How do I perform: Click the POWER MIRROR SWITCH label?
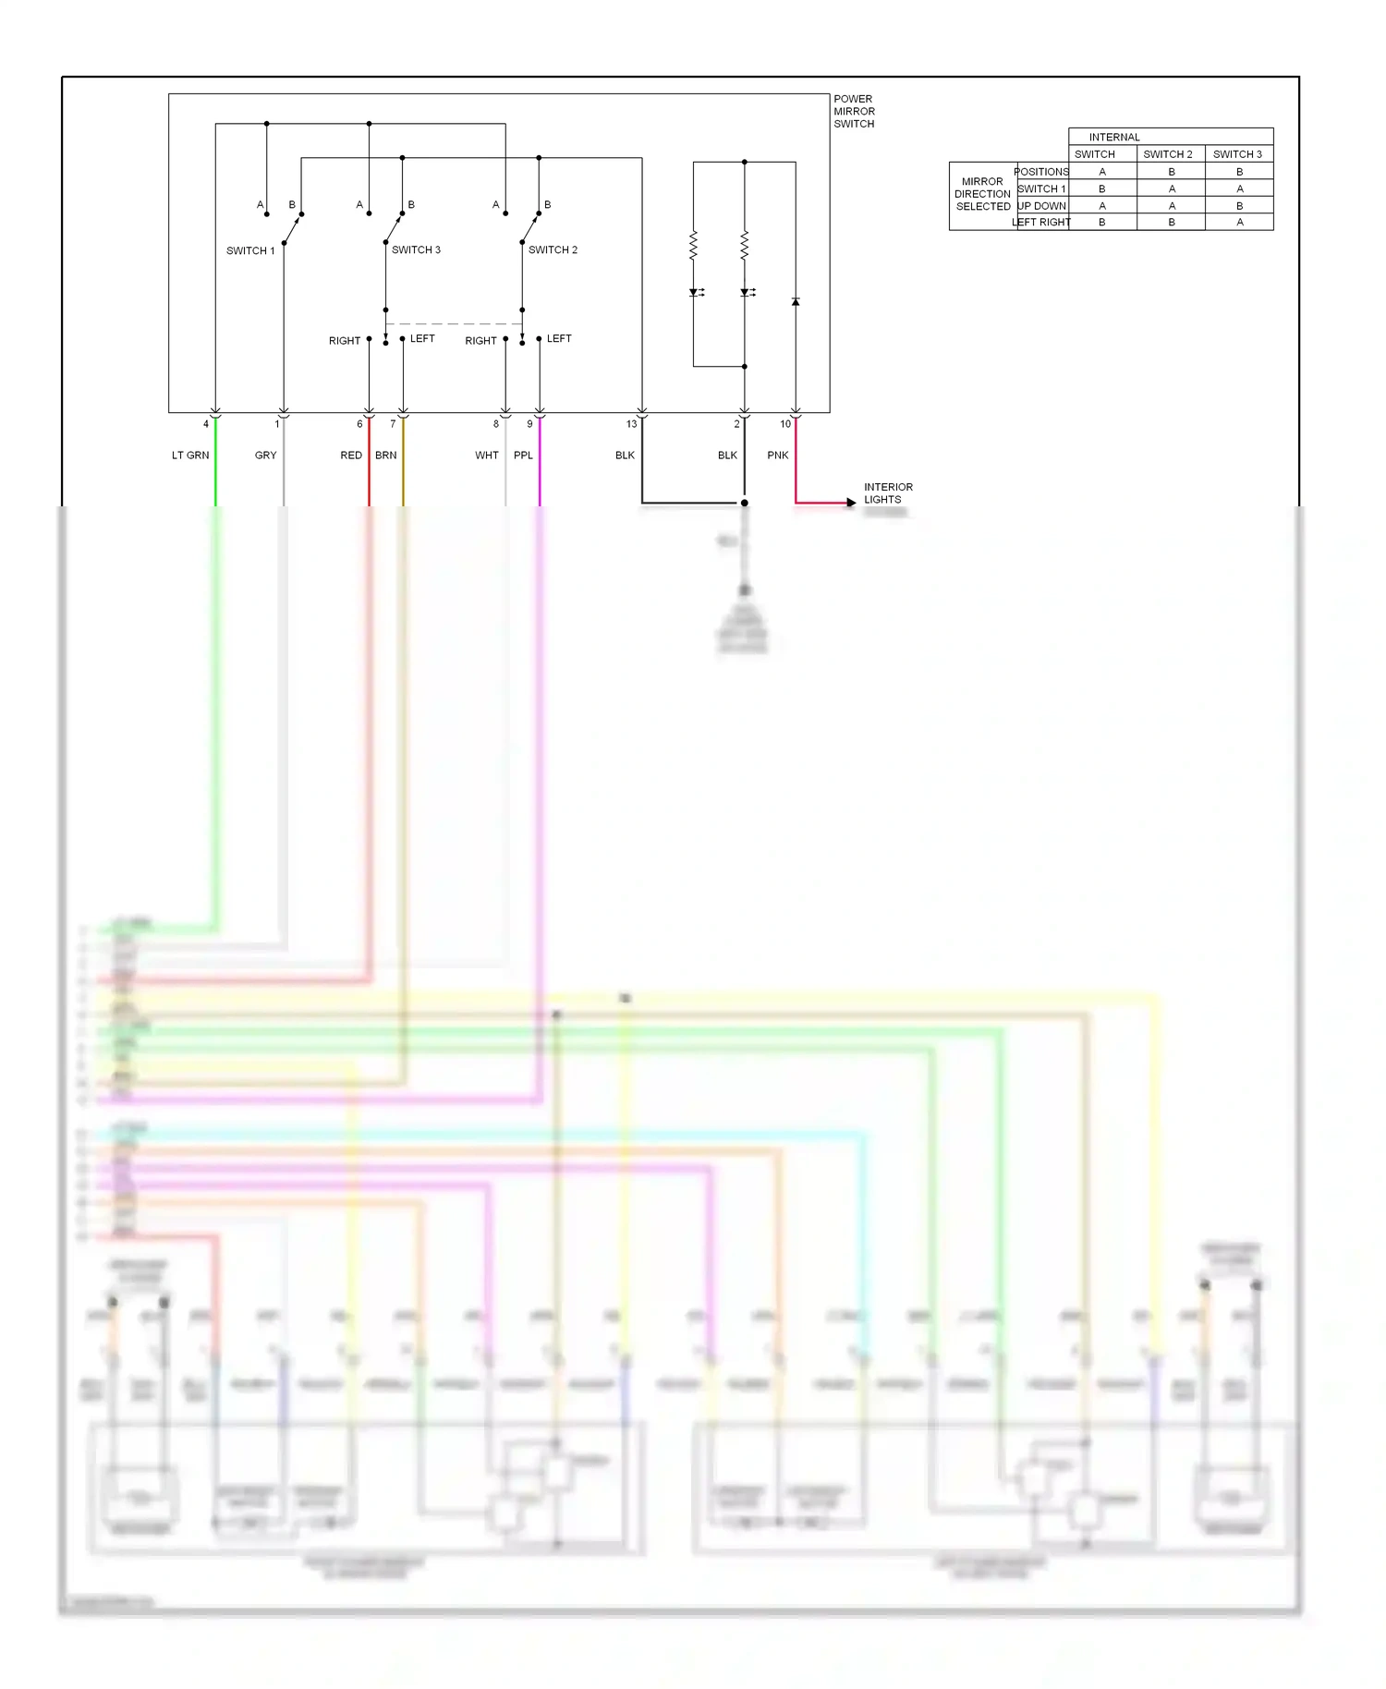pyautogui.click(x=854, y=111)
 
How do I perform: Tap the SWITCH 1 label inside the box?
pyautogui.click(x=250, y=250)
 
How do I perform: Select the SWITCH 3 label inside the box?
pyautogui.click(x=416, y=249)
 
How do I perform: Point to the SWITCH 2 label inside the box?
pyautogui.click(x=553, y=249)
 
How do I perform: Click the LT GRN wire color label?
pyautogui.click(x=190, y=455)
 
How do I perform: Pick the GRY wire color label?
pyautogui.click(x=265, y=455)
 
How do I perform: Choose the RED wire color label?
pyautogui.click(x=351, y=455)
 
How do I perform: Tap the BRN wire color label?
pyautogui.click(x=385, y=455)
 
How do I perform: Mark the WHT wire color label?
pyautogui.click(x=487, y=455)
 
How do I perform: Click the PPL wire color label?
pyautogui.click(x=523, y=455)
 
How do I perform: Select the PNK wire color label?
pyautogui.click(x=778, y=455)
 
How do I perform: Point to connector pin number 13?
pyautogui.click(x=631, y=424)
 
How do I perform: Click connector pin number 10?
pyautogui.click(x=785, y=424)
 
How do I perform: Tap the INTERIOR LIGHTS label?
pyautogui.click(x=887, y=492)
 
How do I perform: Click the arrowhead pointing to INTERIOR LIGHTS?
pyautogui.click(x=851, y=503)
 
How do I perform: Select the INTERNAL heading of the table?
pyautogui.click(x=1114, y=137)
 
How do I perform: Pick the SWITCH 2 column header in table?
pyautogui.click(x=1168, y=154)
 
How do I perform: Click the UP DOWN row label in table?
pyautogui.click(x=1042, y=205)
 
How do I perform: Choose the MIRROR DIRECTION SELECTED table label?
pyautogui.click(x=982, y=194)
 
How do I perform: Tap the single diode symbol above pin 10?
pyautogui.click(x=796, y=302)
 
